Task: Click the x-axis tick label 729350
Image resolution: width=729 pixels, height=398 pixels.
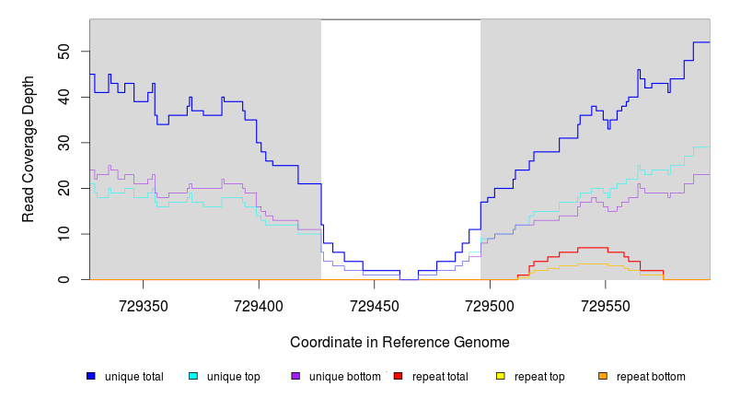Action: (143, 304)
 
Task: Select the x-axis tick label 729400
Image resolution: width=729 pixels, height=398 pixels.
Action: (259, 304)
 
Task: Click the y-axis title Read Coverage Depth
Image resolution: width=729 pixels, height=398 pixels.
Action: (29, 149)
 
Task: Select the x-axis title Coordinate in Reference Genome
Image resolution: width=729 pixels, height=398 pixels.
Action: (399, 342)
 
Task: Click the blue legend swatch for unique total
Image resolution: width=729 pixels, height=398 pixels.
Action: (91, 376)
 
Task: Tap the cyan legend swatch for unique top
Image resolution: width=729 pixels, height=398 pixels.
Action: (193, 376)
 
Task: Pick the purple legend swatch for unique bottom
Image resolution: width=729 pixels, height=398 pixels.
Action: (295, 376)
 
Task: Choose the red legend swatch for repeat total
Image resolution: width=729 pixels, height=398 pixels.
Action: (398, 376)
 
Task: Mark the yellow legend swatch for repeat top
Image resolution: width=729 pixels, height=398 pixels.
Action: (501, 376)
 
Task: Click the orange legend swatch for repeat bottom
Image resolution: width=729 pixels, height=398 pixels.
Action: (603, 376)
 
